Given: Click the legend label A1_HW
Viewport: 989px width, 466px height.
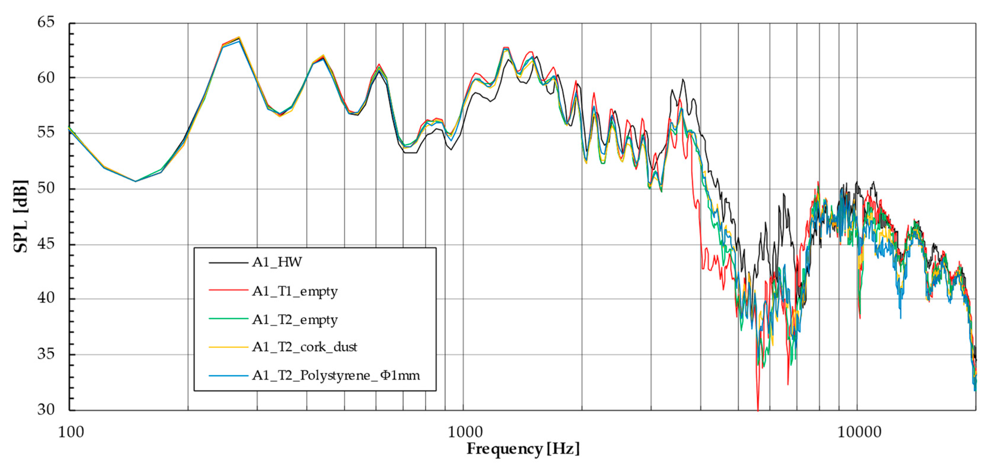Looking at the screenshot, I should point(277,262).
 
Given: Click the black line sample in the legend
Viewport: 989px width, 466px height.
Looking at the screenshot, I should point(228,263).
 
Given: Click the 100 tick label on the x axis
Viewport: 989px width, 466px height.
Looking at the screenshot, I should point(71,432).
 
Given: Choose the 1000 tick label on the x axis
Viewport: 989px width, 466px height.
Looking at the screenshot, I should point(465,432).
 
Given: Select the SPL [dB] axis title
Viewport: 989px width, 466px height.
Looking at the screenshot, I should point(21,216).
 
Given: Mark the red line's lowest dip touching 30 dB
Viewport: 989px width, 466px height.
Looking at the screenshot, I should point(758,409).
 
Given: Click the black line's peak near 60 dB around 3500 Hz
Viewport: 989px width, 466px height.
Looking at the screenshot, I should point(682,80).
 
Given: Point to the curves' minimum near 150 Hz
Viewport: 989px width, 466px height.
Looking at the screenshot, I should point(136,181).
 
